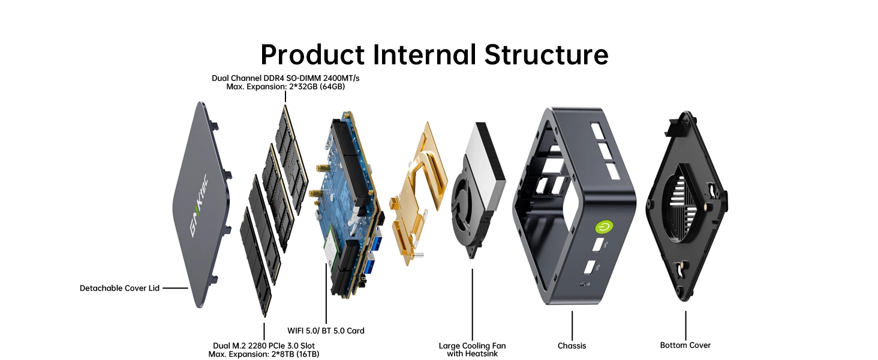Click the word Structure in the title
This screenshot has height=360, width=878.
(x=546, y=55)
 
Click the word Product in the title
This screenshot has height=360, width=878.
(x=312, y=55)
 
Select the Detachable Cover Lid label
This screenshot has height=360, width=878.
(x=119, y=288)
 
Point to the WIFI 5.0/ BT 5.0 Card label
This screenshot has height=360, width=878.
(x=326, y=331)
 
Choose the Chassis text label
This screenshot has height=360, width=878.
(x=572, y=346)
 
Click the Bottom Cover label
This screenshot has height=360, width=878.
(x=685, y=345)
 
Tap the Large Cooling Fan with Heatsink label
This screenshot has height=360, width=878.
(x=472, y=349)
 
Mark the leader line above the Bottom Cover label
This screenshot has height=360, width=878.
(x=685, y=325)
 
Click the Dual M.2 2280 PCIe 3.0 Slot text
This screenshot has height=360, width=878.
(x=264, y=346)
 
